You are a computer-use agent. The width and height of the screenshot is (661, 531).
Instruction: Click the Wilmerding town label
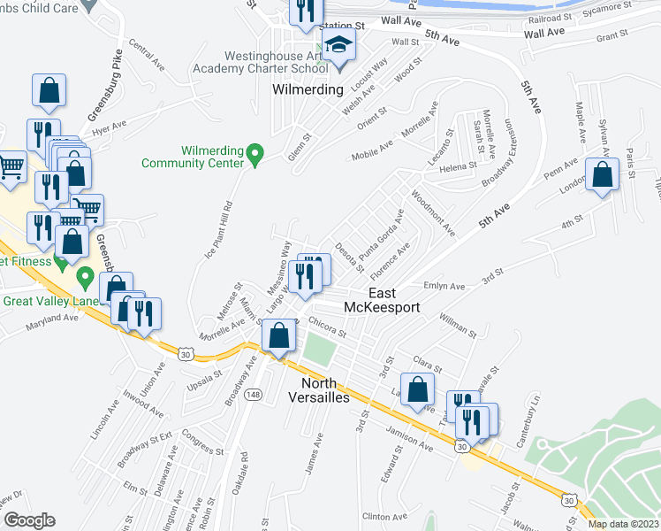coord(308,90)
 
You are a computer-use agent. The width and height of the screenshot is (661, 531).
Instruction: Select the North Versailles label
coord(326,390)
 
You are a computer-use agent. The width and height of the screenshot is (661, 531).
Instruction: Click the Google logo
coord(28,520)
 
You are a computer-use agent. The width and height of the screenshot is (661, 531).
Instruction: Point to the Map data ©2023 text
coord(623,524)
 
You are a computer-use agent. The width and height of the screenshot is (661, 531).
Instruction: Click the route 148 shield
coord(254,393)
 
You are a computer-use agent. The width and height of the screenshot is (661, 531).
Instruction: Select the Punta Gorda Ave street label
coord(384,233)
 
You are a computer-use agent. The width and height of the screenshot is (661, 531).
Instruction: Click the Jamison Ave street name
coord(408,441)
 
